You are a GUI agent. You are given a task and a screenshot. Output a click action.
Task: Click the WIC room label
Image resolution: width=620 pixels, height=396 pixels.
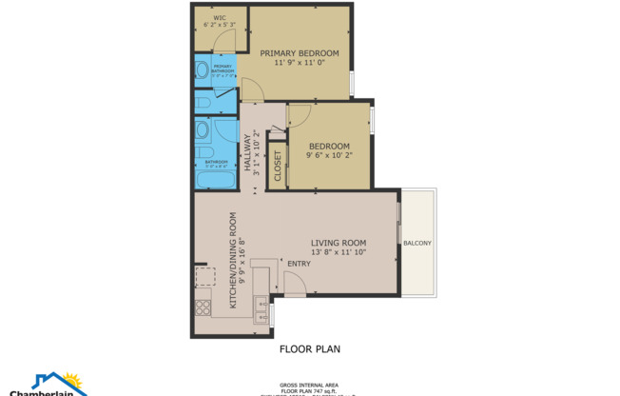point(218,17)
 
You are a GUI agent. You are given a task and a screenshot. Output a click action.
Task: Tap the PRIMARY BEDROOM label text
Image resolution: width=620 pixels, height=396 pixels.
point(300,52)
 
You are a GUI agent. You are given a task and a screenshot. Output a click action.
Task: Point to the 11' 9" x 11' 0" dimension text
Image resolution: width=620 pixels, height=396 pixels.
point(300,63)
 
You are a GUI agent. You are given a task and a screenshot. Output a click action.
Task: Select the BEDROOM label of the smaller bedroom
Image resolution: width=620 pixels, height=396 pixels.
point(329,146)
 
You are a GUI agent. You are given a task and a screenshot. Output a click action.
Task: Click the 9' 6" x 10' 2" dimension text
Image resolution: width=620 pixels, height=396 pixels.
point(329,155)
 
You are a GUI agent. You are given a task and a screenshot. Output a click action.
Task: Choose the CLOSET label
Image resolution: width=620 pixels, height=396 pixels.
point(278,166)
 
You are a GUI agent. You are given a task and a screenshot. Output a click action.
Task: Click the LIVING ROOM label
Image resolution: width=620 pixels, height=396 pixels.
point(339,243)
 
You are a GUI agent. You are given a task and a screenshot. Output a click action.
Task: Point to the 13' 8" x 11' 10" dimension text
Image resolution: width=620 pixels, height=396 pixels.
point(339,253)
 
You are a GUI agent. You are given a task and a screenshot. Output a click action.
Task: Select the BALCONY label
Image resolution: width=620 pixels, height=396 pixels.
point(417,243)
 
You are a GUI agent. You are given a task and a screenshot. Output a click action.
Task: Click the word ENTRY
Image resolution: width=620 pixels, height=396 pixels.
point(299,264)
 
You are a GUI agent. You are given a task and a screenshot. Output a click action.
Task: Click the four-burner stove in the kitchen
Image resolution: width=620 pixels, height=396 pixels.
point(203,307)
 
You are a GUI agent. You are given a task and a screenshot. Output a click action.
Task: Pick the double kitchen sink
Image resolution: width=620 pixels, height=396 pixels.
point(260,310)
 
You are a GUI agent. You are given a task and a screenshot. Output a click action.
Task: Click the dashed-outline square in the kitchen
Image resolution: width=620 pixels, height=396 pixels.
point(204,276)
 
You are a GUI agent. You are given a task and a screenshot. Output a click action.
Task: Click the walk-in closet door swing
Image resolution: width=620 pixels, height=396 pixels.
point(223,39)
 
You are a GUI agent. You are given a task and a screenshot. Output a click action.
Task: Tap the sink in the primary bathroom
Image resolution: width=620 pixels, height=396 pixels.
point(202,69)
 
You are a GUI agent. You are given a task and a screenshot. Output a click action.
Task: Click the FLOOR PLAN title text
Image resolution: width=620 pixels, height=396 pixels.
point(309,349)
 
